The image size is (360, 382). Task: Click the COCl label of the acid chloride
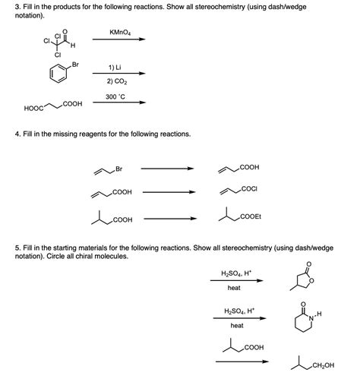[x=248, y=187]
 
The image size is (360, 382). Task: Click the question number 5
[x=18, y=248]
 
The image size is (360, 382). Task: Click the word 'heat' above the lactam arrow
[x=236, y=325]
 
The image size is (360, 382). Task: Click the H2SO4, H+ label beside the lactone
[x=235, y=273]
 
